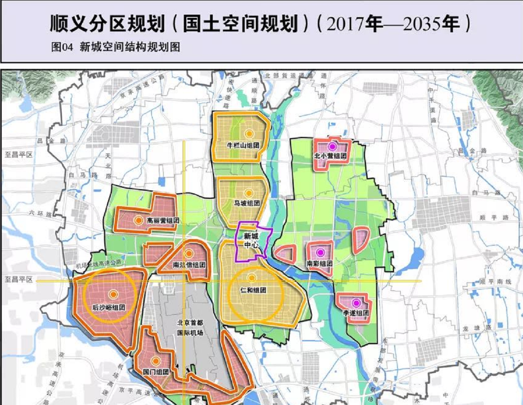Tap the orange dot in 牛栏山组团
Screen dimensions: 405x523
pyautogui.click(x=249, y=133)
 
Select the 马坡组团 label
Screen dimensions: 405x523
pyautogui.click(x=247, y=204)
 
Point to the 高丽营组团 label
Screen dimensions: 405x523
pyautogui.click(x=163, y=221)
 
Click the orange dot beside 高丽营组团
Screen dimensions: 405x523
pyautogui.click(x=139, y=221)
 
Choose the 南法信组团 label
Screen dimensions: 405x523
pyautogui.click(x=189, y=265)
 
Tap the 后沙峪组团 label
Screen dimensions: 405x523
pyautogui.click(x=109, y=307)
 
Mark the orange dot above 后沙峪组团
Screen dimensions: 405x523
pyautogui.click(x=113, y=294)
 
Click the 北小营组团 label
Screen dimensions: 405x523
pyautogui.click(x=330, y=156)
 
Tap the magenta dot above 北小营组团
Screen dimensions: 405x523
pyautogui.click(x=332, y=146)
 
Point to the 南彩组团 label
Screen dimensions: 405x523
pyautogui.click(x=319, y=263)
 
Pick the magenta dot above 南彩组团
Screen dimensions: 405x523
pyautogui.click(x=320, y=252)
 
